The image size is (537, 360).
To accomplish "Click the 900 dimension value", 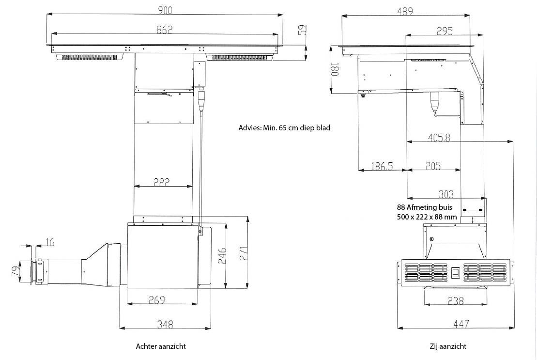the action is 165,10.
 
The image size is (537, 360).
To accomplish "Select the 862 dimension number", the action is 165,30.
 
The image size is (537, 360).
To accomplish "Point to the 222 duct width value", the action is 161,182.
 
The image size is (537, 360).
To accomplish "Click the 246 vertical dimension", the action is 222,255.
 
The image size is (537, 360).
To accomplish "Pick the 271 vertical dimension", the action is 244,253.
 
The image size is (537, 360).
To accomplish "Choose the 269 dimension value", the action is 157,300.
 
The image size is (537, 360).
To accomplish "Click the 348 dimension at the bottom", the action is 165,324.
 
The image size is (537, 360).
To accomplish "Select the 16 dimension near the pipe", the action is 50,242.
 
